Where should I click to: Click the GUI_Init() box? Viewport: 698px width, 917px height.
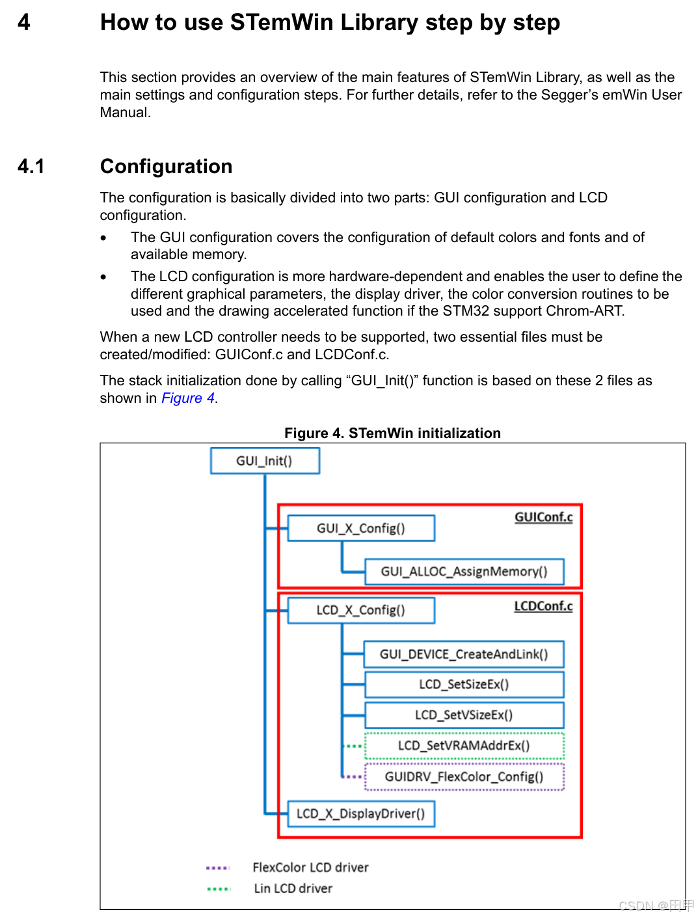[x=265, y=461]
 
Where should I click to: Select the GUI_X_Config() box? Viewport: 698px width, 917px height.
[x=360, y=528]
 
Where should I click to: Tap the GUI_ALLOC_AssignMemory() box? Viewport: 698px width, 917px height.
[x=464, y=571]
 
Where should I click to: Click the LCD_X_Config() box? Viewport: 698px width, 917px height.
[x=360, y=610]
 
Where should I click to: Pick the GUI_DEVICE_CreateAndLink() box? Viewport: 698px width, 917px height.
[x=464, y=654]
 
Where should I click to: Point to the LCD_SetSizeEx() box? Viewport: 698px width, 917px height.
[x=464, y=684]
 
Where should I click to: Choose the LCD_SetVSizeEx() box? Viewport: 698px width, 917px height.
[x=464, y=715]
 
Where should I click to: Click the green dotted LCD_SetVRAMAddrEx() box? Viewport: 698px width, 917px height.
[x=464, y=745]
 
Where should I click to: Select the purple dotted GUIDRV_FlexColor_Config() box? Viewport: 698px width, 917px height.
[x=464, y=776]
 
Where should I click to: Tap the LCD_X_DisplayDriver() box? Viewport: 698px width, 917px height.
[x=360, y=814]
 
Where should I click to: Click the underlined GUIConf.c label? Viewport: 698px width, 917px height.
[x=543, y=517]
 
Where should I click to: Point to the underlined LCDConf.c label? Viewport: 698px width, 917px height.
[x=543, y=606]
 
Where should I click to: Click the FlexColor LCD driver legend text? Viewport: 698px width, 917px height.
[x=310, y=867]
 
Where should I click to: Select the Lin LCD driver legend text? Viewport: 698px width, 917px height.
[x=293, y=888]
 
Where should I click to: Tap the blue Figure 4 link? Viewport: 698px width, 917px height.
[x=188, y=398]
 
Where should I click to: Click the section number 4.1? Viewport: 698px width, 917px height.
[x=31, y=167]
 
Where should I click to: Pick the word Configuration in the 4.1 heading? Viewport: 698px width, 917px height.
[x=166, y=167]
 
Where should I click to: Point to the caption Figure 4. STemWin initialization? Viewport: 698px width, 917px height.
[x=392, y=433]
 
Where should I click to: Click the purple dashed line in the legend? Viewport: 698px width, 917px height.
[x=217, y=868]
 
